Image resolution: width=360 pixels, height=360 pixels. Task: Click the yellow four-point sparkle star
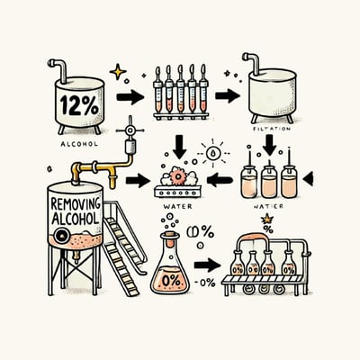click(x=118, y=69)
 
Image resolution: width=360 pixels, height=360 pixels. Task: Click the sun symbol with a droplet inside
click(x=211, y=154)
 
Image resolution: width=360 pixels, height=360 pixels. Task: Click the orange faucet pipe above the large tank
click(x=99, y=167)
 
